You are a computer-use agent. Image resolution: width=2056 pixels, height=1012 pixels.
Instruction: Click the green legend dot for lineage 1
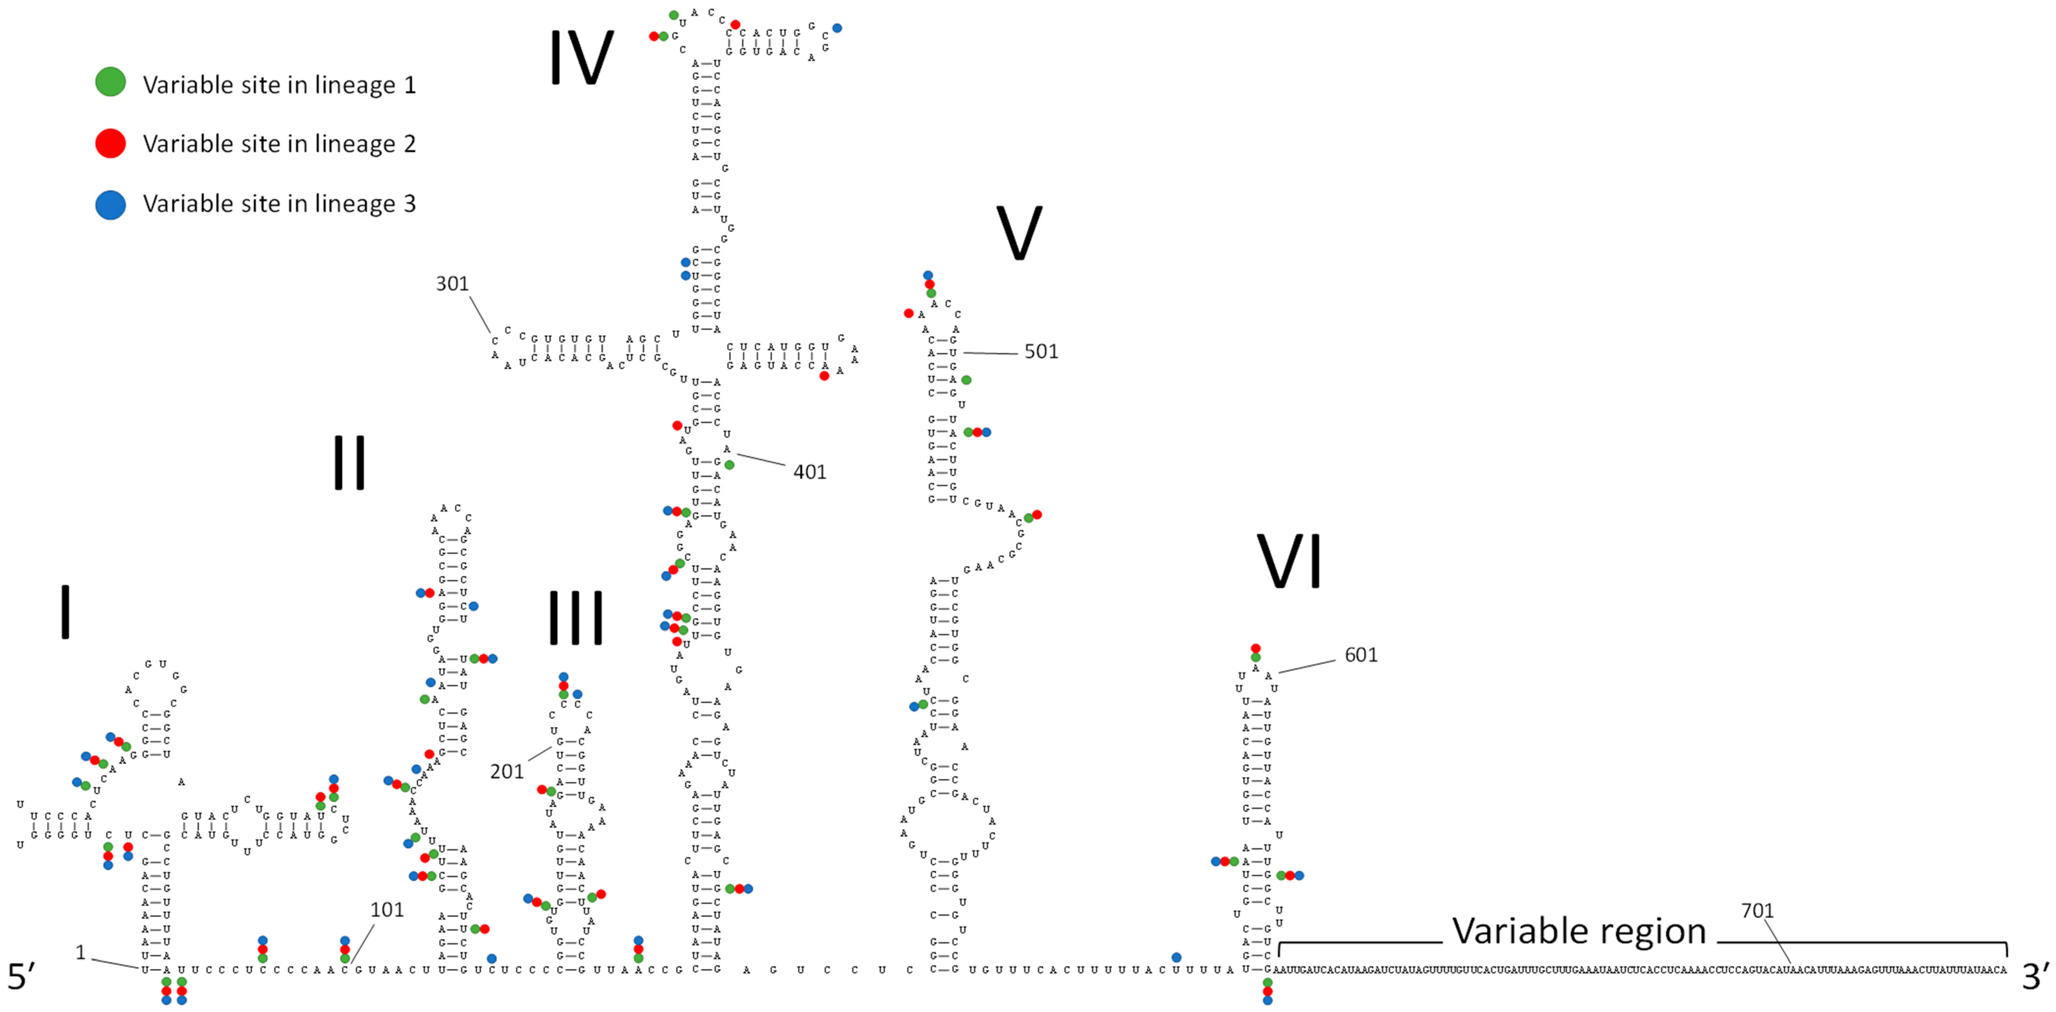[110, 82]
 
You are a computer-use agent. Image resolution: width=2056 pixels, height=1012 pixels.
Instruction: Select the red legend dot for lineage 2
[110, 144]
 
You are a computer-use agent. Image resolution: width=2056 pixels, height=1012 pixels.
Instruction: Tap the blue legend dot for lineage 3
[110, 204]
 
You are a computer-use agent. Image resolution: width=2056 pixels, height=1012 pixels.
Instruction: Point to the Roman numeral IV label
[581, 58]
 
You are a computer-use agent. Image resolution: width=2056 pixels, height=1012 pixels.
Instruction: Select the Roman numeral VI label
[1289, 561]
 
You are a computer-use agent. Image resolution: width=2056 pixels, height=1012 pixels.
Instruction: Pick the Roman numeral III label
[575, 618]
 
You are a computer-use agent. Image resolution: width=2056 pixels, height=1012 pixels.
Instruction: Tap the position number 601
[1361, 655]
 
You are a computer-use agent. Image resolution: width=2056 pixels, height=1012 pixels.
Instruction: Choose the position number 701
[1757, 911]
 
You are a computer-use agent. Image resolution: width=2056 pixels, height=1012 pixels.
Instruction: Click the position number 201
[507, 772]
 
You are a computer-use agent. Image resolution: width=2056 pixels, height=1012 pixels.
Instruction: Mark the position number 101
[387, 910]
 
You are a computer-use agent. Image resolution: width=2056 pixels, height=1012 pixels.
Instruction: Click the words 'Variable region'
[1579, 931]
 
